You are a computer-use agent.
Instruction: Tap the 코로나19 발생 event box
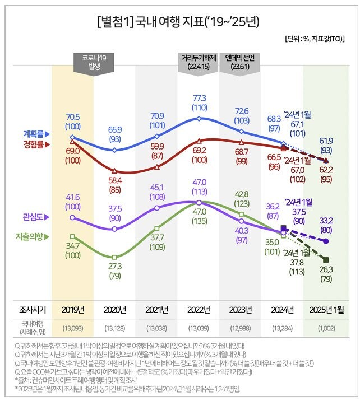click(94, 62)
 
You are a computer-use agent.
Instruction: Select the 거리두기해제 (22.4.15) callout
click(199, 62)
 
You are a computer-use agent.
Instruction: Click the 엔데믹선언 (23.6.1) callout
click(242, 62)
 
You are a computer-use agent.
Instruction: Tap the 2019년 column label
click(72, 310)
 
